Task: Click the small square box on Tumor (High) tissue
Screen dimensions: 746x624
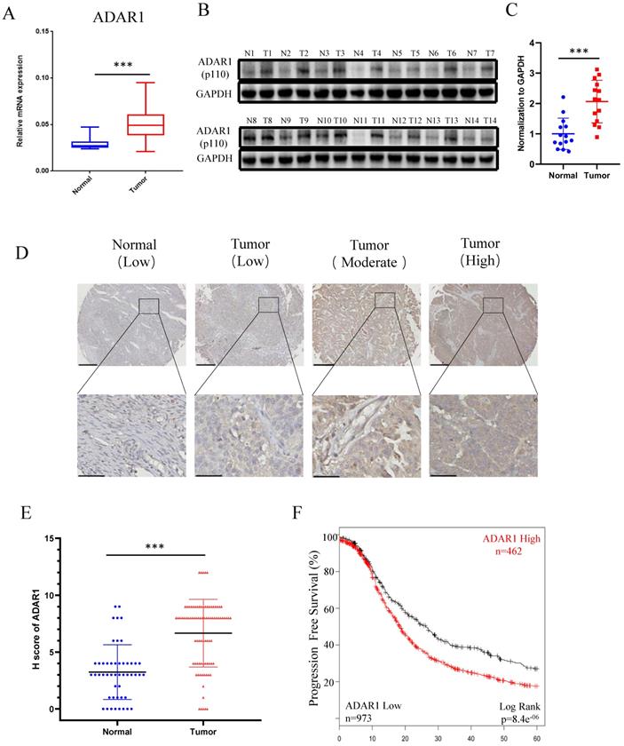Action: [x=493, y=305]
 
